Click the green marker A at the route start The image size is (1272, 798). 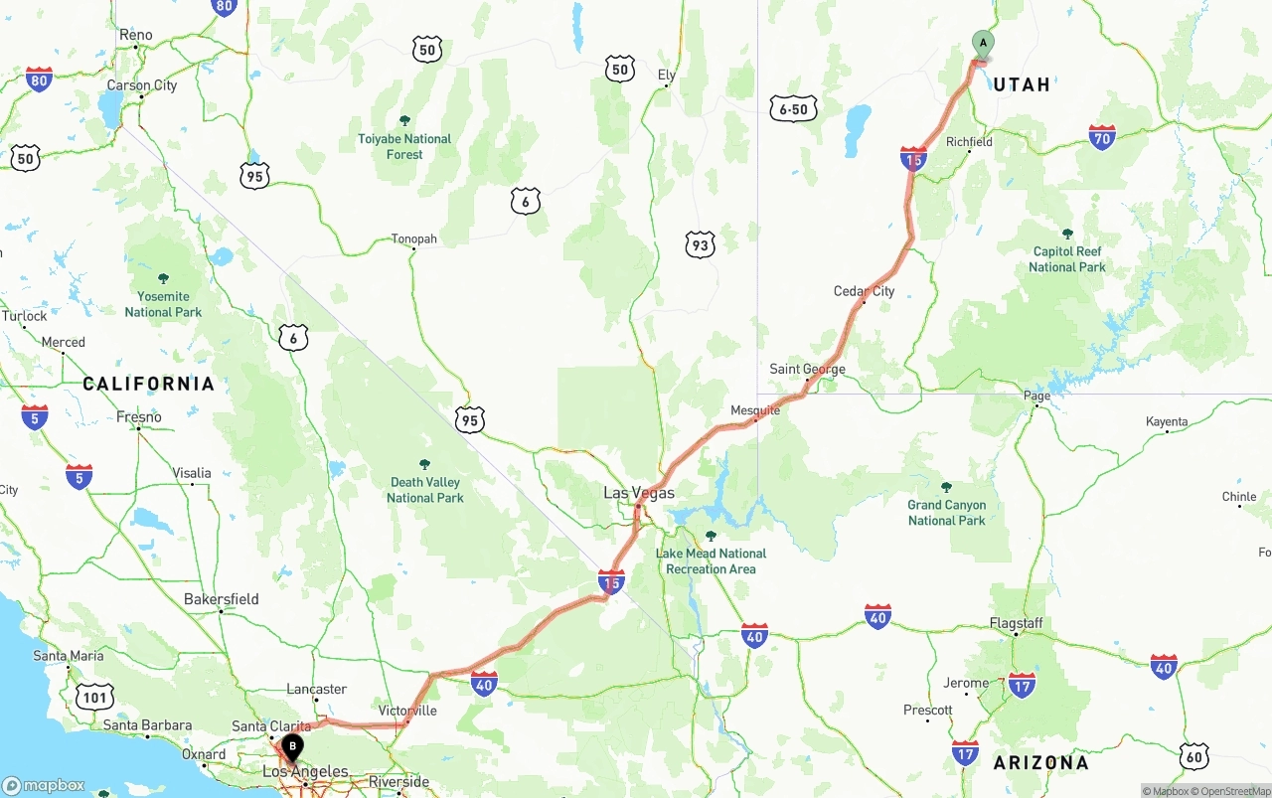coord(982,44)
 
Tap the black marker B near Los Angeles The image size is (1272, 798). coord(292,746)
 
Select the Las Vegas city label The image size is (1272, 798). coord(639,493)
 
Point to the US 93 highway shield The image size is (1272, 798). coord(700,244)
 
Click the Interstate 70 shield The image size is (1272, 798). coord(1101,137)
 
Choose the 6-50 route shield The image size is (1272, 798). coord(793,109)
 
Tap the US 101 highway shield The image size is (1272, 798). coord(96,698)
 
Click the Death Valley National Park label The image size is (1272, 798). coord(425,490)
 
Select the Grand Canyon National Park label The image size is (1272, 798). coord(946,513)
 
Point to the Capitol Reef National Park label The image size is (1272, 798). coord(1067,259)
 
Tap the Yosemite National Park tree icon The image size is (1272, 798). coord(163,278)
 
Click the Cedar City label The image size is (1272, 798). coord(864,291)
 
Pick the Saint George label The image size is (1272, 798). coord(807,369)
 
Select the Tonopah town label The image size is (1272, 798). coord(414,239)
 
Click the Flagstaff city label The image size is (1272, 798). coord(1016,623)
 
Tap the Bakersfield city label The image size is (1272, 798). coord(221,599)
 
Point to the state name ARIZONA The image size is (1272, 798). coord(1040,763)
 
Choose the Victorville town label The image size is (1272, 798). coord(407,711)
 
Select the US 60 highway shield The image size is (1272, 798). coord(1194,756)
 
